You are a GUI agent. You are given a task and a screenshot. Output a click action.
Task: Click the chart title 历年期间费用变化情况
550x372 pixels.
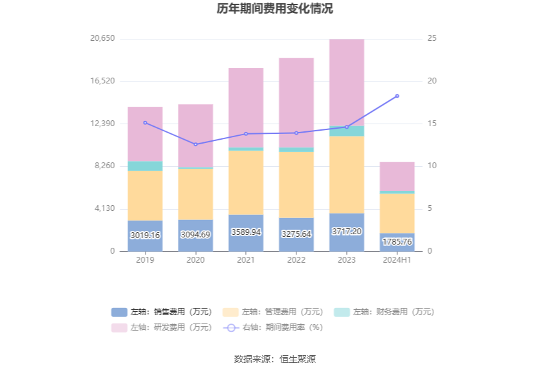pos(275,9)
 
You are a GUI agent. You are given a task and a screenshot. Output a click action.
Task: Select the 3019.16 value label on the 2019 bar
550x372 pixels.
pos(145,235)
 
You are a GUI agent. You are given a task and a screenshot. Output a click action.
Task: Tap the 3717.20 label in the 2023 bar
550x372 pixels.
pos(347,232)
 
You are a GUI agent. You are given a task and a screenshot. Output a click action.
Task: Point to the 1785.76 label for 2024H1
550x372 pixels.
pos(397,242)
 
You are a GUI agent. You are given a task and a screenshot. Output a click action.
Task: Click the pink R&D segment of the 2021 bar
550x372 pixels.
pos(246,107)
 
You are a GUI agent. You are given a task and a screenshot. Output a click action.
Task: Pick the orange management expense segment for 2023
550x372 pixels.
pos(347,175)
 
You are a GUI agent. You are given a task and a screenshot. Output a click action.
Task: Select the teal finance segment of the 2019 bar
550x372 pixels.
pos(145,166)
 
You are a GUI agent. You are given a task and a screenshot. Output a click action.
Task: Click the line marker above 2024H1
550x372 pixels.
pos(397,96)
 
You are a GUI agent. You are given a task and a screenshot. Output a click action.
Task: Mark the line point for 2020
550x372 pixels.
pos(195,144)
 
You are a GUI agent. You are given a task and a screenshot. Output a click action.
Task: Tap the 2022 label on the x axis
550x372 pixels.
pos(296,259)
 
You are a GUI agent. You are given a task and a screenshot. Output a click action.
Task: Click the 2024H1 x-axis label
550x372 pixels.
pos(397,259)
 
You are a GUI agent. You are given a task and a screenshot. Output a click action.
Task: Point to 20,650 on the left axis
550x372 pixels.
pos(102,39)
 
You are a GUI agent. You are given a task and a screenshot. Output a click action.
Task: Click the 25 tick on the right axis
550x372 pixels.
pos(432,39)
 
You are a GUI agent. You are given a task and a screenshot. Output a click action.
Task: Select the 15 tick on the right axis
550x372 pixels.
pos(432,124)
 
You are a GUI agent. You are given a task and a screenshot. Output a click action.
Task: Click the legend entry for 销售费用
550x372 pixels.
pos(161,312)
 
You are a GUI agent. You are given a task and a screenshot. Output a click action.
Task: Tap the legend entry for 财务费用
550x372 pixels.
pos(384,312)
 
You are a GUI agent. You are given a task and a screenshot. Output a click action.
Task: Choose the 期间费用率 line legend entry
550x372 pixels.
pos(273,327)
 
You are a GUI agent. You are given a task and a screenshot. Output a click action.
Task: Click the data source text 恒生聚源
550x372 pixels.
pos(298,359)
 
